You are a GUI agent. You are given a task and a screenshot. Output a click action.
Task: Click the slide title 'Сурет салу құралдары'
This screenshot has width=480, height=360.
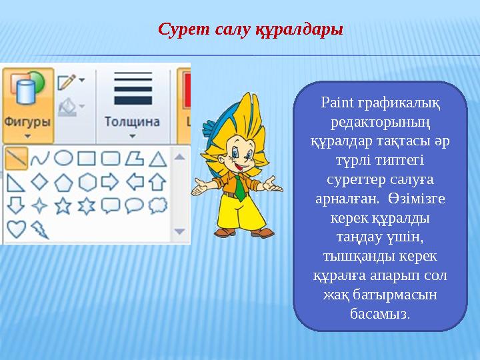pyautogui.click(x=250, y=30)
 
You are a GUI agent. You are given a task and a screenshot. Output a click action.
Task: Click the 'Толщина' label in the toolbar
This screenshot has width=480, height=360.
pyautogui.click(x=131, y=122)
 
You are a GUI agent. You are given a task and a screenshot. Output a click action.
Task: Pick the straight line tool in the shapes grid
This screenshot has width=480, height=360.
pyautogui.click(x=16, y=158)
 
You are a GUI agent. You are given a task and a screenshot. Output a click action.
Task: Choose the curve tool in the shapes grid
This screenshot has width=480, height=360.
pyautogui.click(x=40, y=158)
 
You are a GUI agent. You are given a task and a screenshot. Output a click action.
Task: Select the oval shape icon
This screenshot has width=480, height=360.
pyautogui.click(x=63, y=158)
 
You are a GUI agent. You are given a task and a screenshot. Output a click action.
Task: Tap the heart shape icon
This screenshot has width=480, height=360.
pyautogui.click(x=16, y=229)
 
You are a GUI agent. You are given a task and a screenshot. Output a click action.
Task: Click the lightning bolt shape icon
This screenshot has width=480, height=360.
pyautogui.click(x=39, y=229)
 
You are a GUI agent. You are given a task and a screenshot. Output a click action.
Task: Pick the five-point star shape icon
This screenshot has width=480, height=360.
pyautogui.click(x=63, y=205)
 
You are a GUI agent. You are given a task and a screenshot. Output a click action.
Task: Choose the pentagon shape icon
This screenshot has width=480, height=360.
pyautogui.click(x=63, y=181)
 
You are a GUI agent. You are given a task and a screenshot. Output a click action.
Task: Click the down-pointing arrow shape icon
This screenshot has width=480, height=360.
pyautogui.click(x=16, y=205)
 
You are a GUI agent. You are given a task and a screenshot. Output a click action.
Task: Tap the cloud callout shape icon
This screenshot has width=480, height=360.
pyautogui.click(x=157, y=205)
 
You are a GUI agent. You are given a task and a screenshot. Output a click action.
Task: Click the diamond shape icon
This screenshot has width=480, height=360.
pyautogui.click(x=39, y=181)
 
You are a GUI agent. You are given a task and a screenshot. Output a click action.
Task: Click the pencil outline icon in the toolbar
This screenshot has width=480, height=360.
pyautogui.click(x=67, y=82)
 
